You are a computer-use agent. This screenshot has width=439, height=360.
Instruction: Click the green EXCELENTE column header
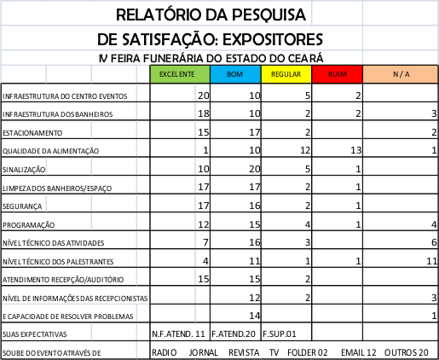(x=180, y=74)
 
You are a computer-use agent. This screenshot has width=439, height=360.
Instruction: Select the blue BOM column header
(x=235, y=74)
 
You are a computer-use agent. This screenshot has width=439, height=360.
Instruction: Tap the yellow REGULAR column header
(x=286, y=74)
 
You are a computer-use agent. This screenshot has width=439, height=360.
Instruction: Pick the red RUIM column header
(x=338, y=74)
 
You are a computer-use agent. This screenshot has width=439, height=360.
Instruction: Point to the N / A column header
(x=401, y=74)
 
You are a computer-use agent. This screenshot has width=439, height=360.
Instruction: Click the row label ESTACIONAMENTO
(x=32, y=133)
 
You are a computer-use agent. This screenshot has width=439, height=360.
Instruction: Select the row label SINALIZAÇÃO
(x=24, y=170)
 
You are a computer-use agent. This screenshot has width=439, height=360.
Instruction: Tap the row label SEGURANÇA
(x=22, y=206)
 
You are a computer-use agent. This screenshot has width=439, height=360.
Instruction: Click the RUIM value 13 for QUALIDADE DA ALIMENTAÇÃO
(x=355, y=150)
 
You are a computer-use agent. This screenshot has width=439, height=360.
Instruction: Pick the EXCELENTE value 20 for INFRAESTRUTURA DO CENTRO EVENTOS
(x=204, y=96)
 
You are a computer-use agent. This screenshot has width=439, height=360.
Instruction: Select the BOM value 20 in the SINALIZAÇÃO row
(x=255, y=169)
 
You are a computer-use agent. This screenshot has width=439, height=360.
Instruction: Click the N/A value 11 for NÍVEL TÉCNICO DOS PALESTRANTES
(x=432, y=261)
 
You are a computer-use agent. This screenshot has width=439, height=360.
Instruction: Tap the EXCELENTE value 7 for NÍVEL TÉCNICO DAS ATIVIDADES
(x=206, y=242)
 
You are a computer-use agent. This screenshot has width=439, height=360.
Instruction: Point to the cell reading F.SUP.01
(x=279, y=334)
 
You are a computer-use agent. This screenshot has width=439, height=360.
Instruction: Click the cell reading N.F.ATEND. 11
(x=178, y=334)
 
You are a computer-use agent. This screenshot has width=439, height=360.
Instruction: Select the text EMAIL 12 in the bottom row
(x=359, y=352)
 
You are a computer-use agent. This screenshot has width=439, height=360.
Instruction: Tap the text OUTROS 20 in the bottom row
(x=407, y=352)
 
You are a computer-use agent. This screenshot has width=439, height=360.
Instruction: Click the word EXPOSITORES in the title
(x=273, y=39)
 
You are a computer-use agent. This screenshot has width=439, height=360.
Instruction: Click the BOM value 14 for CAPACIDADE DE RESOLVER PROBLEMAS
(x=255, y=316)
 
